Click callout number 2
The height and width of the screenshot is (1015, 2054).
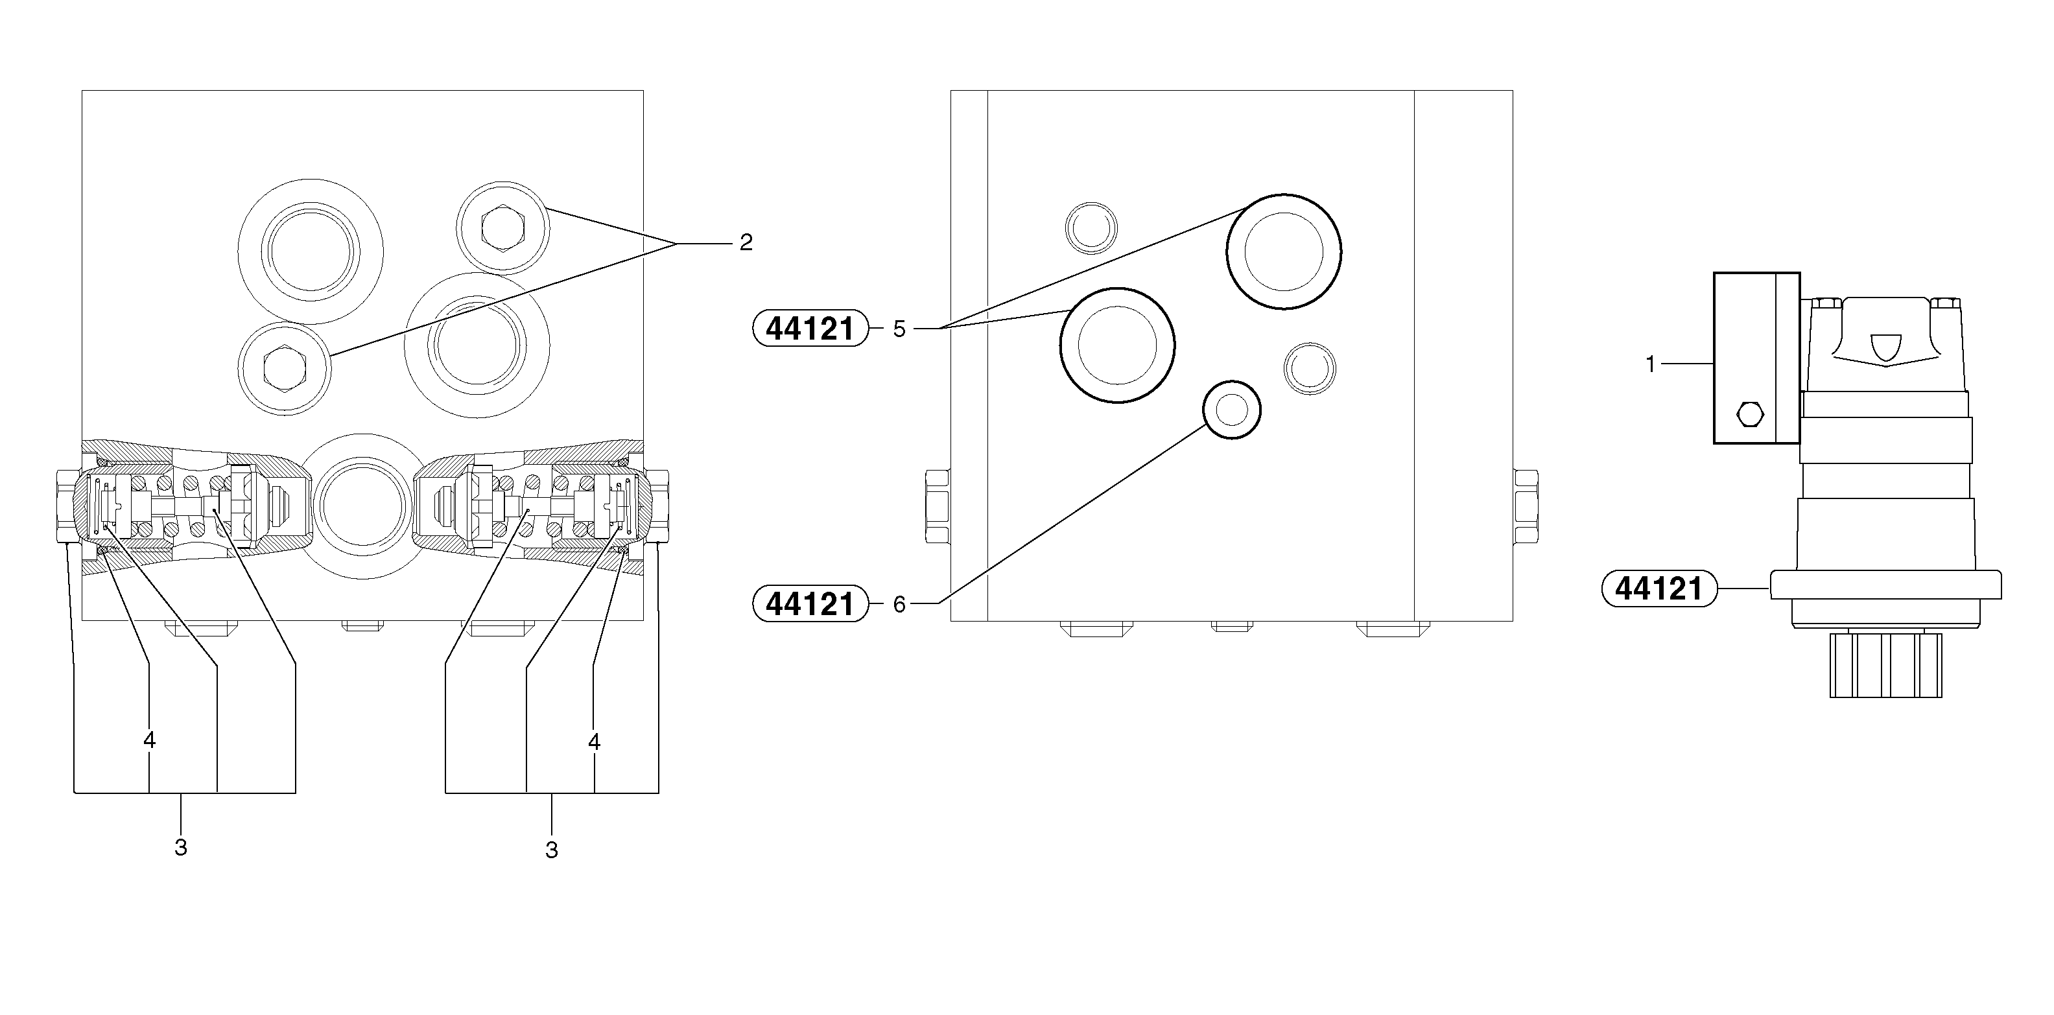pyautogui.click(x=746, y=242)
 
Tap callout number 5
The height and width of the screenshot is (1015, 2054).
pyautogui.click(x=899, y=329)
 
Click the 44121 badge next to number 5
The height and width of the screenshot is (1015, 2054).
pyautogui.click(x=810, y=329)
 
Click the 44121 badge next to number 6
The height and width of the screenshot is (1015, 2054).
pyautogui.click(x=810, y=604)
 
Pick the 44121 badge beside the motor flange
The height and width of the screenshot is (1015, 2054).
pyautogui.click(x=1659, y=589)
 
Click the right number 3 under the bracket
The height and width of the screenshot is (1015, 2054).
pyautogui.click(x=551, y=850)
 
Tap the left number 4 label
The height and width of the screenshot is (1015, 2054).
pyautogui.click(x=149, y=741)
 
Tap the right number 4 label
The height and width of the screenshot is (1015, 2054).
pyautogui.click(x=594, y=742)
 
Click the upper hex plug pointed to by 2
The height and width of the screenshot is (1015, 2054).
pyautogui.click(x=502, y=227)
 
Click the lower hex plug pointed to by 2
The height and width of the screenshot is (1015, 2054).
pyautogui.click(x=285, y=368)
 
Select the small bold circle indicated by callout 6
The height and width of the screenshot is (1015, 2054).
pyautogui.click(x=1232, y=410)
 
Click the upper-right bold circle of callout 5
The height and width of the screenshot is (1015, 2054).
pyautogui.click(x=1284, y=251)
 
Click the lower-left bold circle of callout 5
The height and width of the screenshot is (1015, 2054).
pyautogui.click(x=1117, y=344)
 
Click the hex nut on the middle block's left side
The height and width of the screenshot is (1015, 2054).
pyautogui.click(x=937, y=506)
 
